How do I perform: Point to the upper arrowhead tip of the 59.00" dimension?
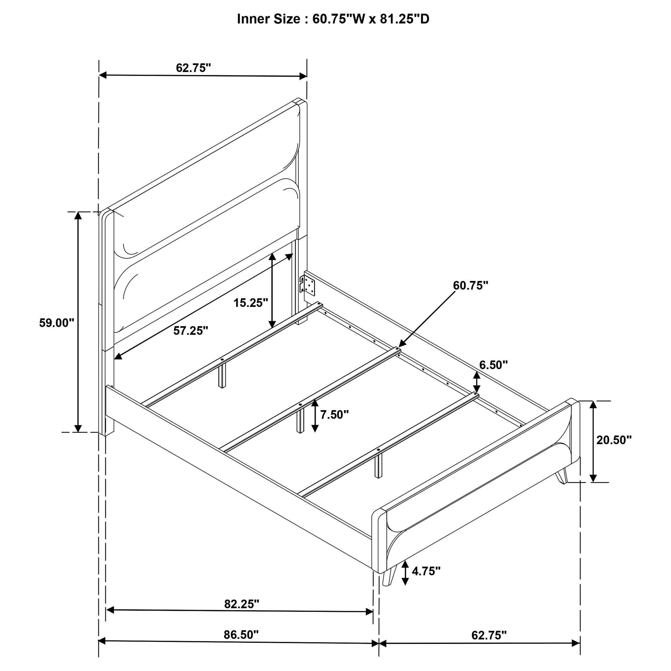click(78, 211)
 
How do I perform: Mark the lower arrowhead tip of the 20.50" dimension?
click(593, 482)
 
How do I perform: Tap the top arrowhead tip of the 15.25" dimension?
click(272, 253)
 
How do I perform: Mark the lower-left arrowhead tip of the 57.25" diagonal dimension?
click(115, 359)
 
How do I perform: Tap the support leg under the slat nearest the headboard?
click(222, 375)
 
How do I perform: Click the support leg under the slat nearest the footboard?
click(378, 465)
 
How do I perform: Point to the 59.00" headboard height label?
click(57, 323)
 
